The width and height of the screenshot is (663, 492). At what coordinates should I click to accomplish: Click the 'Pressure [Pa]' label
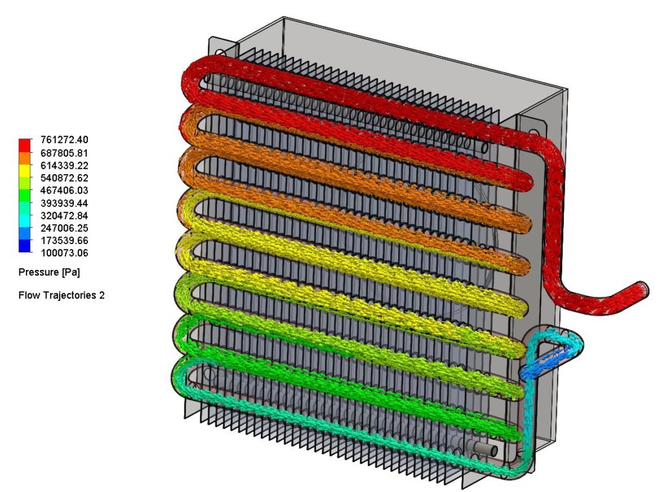(49, 273)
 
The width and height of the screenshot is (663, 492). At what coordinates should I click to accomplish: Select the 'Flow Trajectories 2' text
(62, 295)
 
